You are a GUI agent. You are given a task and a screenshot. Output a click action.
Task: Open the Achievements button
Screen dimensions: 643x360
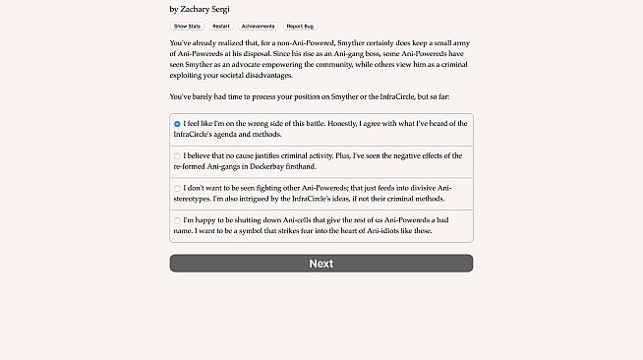(258, 26)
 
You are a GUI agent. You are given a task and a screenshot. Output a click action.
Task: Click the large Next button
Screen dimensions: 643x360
(321, 264)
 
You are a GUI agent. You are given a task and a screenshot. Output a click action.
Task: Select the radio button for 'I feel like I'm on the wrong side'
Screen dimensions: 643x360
(177, 124)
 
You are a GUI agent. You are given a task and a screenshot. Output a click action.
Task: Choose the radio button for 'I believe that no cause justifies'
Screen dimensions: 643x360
(177, 155)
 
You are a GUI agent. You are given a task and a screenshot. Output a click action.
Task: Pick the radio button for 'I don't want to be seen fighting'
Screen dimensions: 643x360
(177, 188)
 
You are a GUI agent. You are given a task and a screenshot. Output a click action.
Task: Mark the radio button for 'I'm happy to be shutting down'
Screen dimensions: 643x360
(177, 220)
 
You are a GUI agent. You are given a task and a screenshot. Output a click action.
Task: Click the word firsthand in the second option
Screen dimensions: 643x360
(346, 166)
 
